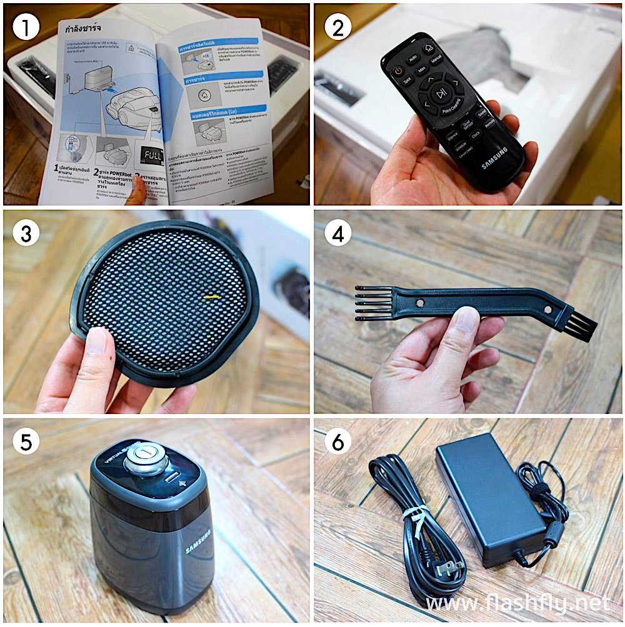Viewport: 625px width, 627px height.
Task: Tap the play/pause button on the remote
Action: pos(441,94)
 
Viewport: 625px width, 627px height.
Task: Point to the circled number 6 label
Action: pos(338,443)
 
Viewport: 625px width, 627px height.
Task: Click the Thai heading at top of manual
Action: pos(86,29)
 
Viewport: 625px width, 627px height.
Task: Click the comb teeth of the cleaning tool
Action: pos(369,304)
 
